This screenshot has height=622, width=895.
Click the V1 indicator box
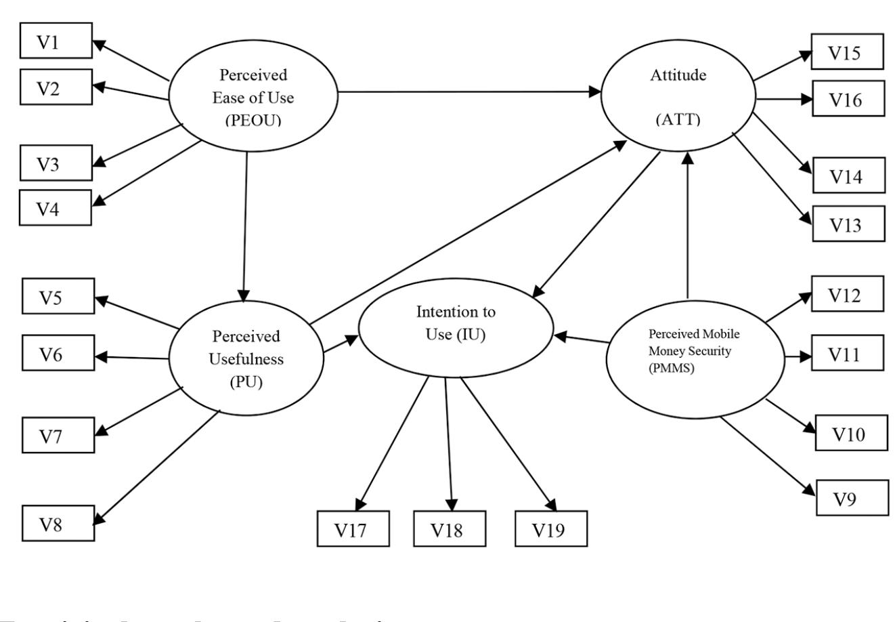[x=56, y=43]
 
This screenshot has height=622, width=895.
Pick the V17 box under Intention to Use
[x=353, y=528]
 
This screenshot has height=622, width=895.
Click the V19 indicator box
[x=551, y=528]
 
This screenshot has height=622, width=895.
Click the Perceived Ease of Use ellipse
[x=253, y=98]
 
